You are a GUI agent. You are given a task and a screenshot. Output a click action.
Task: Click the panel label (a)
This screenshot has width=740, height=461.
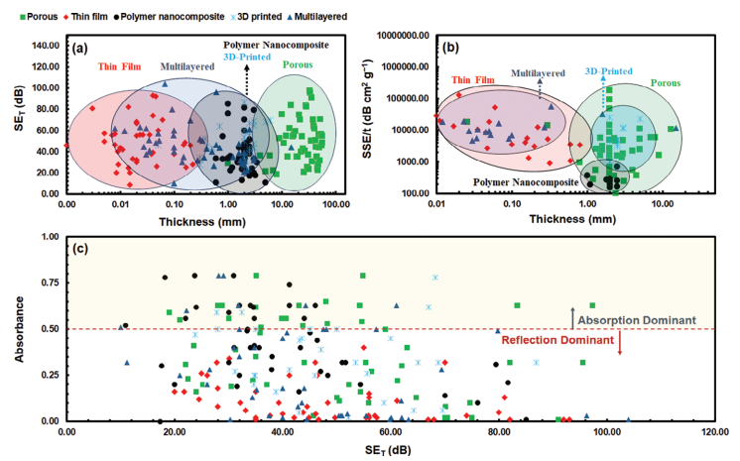(x=80, y=48)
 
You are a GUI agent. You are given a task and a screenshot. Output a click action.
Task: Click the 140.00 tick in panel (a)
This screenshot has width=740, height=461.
(x=43, y=45)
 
